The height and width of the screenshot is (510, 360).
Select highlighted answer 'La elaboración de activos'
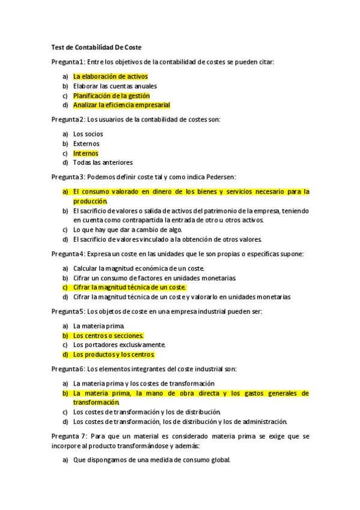[x=110, y=76]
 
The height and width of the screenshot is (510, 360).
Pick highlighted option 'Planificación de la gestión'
[x=111, y=96]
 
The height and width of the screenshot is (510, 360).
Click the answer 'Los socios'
[x=88, y=134]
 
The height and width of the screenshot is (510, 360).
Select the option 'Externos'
[x=86, y=143]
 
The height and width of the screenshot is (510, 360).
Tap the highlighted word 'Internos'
[x=85, y=153]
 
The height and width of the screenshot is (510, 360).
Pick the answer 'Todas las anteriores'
[x=103, y=162]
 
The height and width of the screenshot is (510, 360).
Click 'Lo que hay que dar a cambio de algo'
[x=127, y=229]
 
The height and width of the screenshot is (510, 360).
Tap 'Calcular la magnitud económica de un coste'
[x=139, y=268]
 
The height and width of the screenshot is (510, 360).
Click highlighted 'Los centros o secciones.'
[x=108, y=335]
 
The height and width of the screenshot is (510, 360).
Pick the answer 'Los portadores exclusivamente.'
[x=119, y=345]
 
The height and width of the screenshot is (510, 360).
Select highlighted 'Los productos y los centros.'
[x=114, y=354]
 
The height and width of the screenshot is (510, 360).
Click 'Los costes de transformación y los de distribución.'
[x=147, y=412]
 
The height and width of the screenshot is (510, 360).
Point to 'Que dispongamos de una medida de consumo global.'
[x=151, y=461]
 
